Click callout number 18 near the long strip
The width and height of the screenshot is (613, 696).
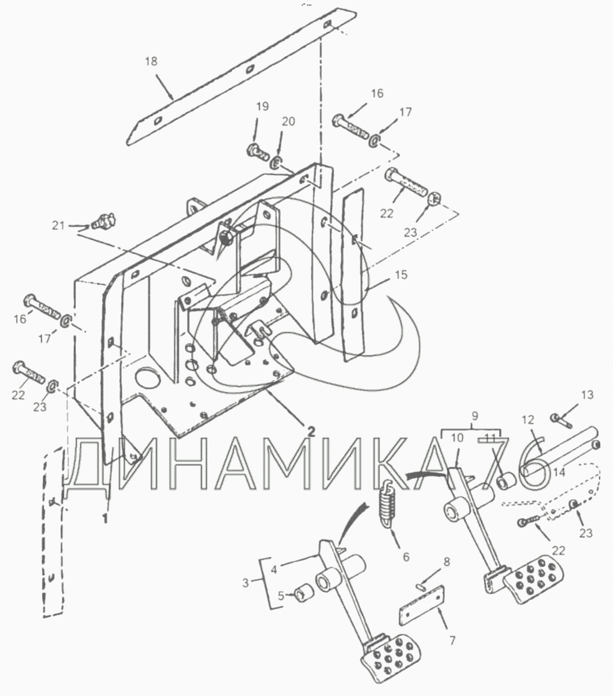pos(152,61)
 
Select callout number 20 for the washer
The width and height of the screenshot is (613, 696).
pos(288,122)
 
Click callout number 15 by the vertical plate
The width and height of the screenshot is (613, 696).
pos(401,275)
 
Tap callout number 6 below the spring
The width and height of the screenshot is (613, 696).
pos(406,556)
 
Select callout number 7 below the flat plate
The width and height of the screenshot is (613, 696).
pos(452,640)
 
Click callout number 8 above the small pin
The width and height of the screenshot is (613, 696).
pos(446,561)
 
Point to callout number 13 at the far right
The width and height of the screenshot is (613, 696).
pos(587,395)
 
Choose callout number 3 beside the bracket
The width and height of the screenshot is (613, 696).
pos(246,582)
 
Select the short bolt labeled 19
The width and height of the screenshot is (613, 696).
pos(257,151)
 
